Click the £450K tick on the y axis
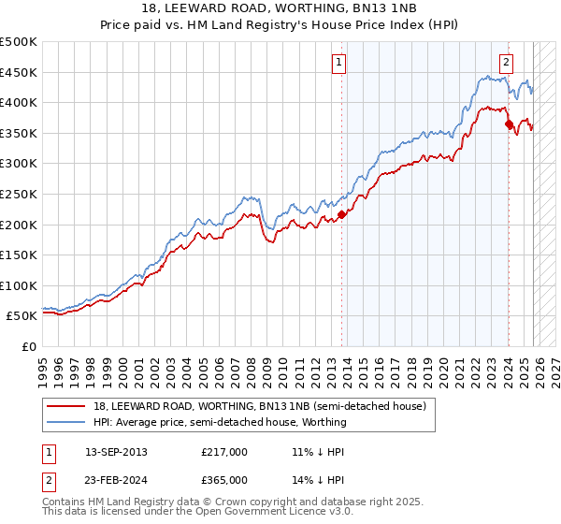pyautogui.click(x=19, y=72)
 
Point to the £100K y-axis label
pyautogui.click(x=19, y=285)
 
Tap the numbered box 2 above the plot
pyautogui.click(x=506, y=64)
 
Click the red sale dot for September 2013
pyautogui.click(x=341, y=214)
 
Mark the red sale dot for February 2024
pyautogui.click(x=509, y=124)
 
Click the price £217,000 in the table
pyautogui.click(x=224, y=452)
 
